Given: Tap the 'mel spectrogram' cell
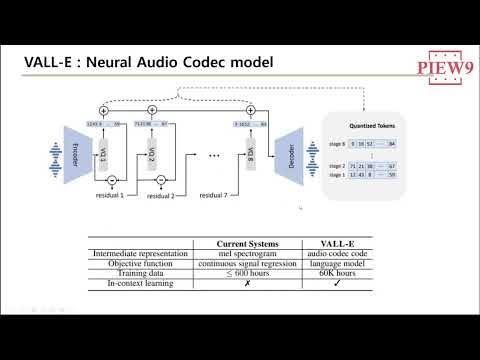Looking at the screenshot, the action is point(254,255).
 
